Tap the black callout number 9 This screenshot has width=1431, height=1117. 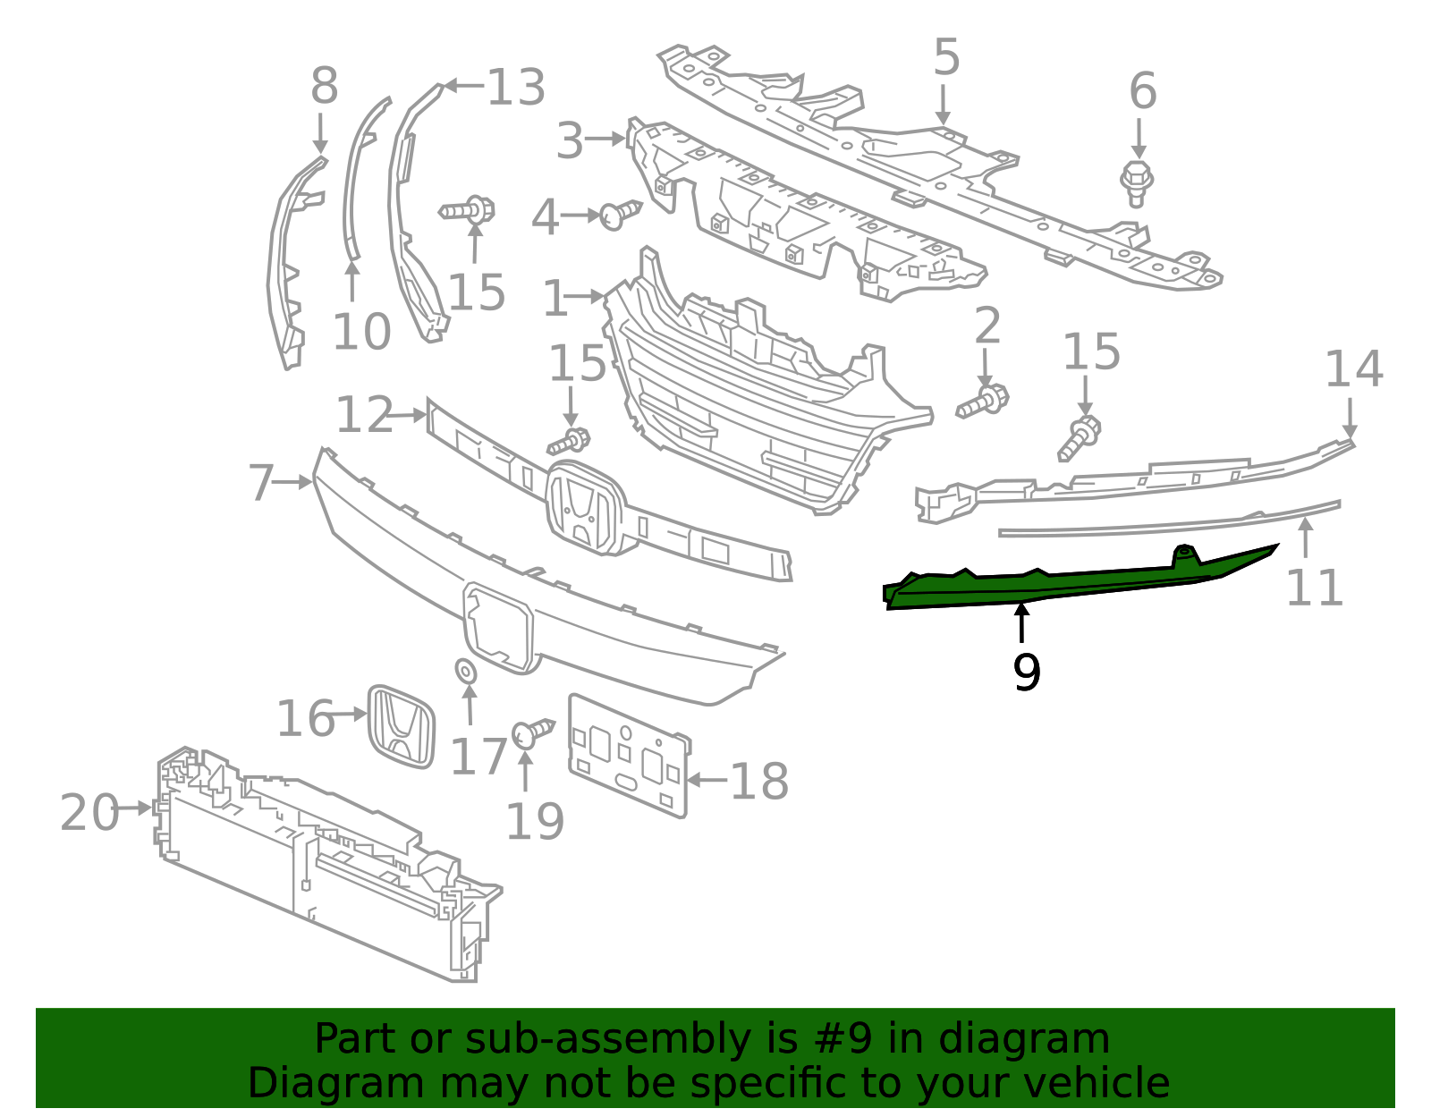coord(1026,673)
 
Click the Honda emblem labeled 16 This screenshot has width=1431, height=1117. coord(402,726)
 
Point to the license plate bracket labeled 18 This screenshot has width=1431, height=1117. coord(629,757)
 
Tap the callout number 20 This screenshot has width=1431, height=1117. coord(89,812)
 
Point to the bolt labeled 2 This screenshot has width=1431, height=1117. coord(983,402)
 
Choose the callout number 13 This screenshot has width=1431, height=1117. coord(515,88)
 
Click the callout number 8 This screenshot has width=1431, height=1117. coord(324,87)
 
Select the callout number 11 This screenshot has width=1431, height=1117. coord(1314,588)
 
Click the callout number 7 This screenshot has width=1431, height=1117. coord(261,483)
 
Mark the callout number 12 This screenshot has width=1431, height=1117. coord(364,415)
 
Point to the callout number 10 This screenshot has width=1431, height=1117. coord(361,332)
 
